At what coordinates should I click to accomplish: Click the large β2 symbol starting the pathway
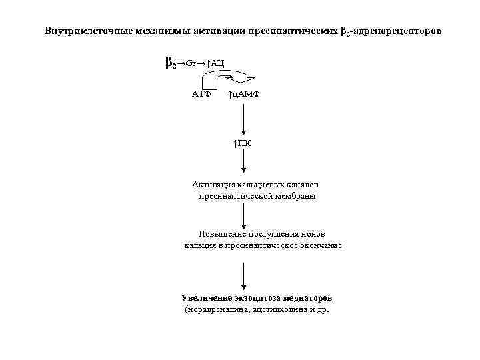[x=170, y=63]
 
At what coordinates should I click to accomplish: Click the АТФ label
[x=201, y=95]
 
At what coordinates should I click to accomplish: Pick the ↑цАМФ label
[x=243, y=95]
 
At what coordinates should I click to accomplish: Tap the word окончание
[x=317, y=245]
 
